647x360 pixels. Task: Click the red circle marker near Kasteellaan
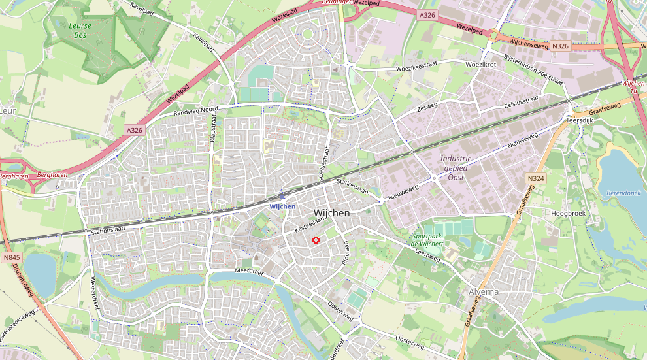coord(316,240)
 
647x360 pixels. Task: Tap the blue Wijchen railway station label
coord(282,206)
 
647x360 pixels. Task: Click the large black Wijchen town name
coord(331,214)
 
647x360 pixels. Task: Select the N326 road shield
coord(560,46)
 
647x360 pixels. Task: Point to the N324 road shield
coord(535,178)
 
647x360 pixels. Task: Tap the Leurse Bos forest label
coord(80,31)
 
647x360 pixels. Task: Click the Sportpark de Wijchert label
coord(427,239)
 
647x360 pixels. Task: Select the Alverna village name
coord(484,292)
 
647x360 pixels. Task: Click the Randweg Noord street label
coord(195,112)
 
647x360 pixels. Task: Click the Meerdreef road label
coord(248,271)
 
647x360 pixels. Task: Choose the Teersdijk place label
coord(578,120)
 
